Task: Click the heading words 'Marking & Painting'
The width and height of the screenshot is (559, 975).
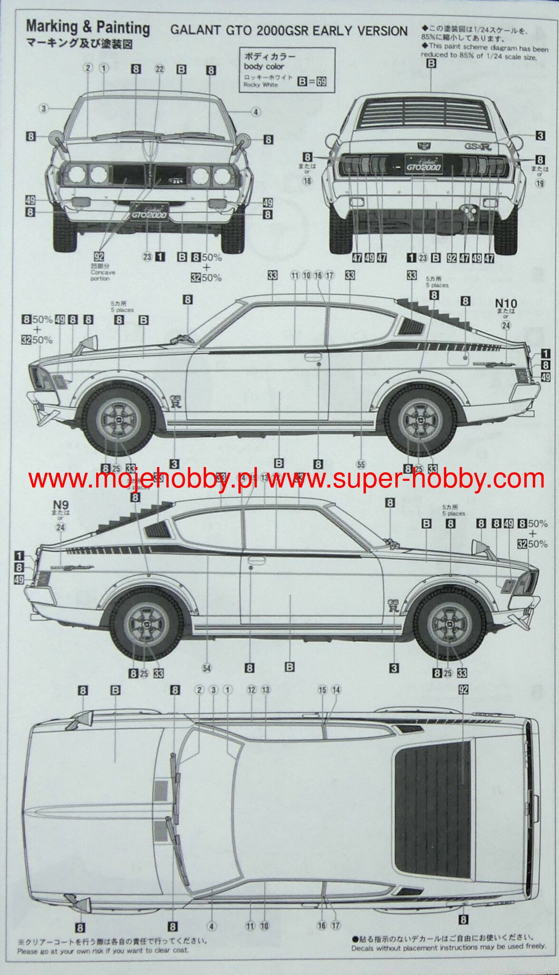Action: click(88, 28)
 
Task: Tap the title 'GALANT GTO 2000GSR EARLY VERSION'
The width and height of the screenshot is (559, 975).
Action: click(289, 31)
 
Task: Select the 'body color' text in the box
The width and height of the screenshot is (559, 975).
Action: click(264, 67)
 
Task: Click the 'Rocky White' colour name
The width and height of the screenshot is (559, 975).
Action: click(260, 85)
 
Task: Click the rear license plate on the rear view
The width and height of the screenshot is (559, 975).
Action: click(423, 165)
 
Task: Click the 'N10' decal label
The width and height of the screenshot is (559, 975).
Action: click(506, 303)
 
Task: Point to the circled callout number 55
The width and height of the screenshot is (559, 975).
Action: click(361, 465)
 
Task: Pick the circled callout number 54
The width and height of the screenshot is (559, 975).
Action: click(206, 668)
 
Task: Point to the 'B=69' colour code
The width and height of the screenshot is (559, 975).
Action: click(312, 81)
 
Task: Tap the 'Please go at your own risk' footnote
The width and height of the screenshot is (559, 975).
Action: click(103, 951)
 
